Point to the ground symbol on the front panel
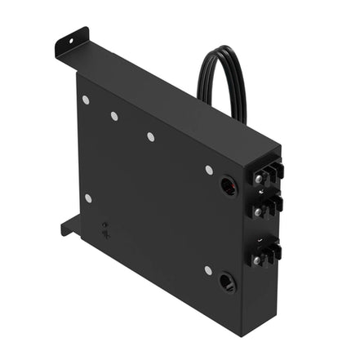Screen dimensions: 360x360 pos(105,229)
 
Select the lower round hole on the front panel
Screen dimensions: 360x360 pos(227,283)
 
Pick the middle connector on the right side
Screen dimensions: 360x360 pos(267,207)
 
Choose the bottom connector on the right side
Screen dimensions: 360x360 pos(267,254)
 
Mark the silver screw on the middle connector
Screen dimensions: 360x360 pos(258,211)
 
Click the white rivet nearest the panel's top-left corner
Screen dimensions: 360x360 pos(86,100)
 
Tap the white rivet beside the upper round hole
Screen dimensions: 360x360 pos(209,170)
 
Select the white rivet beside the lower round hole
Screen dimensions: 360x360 pos(208,270)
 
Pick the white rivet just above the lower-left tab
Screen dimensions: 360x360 pos(88,198)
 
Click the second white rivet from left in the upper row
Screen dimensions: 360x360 pos(114,116)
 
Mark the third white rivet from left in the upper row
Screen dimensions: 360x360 pos(151,136)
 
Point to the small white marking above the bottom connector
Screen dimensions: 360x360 pos(260,239)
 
